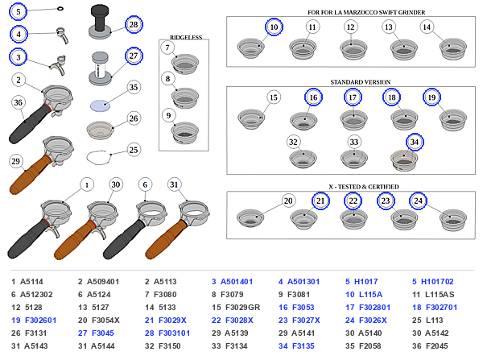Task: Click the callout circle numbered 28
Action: point(134,24)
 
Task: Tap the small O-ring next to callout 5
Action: point(60,9)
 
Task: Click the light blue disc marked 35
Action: point(100,106)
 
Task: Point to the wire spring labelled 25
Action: point(98,157)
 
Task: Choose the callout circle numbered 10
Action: point(274,27)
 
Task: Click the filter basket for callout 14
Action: point(452,49)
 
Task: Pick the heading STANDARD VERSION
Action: point(361,82)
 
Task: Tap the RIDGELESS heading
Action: point(186,37)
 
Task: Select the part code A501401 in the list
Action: point(237,282)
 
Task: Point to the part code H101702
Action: point(437,282)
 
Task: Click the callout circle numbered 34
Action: point(415,142)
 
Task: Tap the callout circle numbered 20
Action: point(288,201)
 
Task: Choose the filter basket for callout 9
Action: point(185,133)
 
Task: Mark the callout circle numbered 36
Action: point(19,102)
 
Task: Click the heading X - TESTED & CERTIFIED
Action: point(364,187)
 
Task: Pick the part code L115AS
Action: point(440,295)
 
